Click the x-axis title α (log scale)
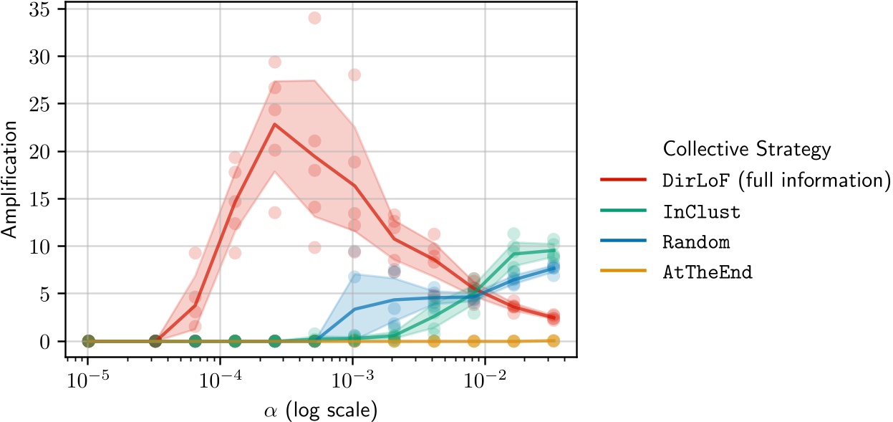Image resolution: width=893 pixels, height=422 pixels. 320,411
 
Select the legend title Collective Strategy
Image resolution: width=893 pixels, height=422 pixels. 746,149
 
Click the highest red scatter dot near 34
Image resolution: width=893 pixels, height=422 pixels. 314,18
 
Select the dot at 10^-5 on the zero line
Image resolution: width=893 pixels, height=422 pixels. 88,341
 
